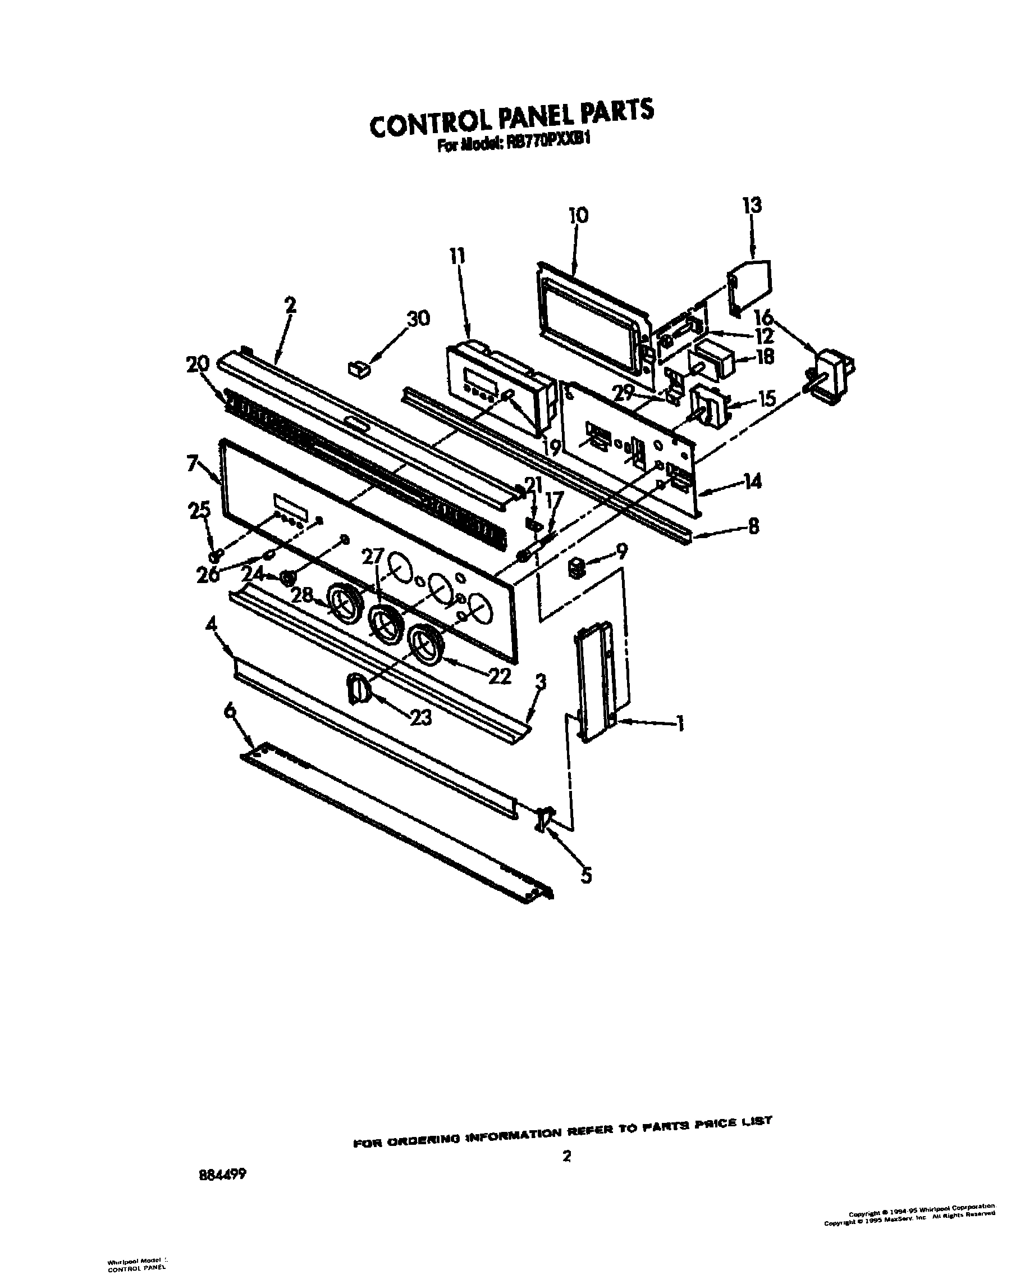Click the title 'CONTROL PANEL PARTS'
click(x=511, y=119)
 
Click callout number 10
click(x=578, y=215)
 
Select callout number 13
click(x=752, y=206)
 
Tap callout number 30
click(x=418, y=319)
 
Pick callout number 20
click(x=198, y=363)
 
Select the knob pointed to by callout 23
click(x=358, y=689)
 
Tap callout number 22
click(x=499, y=676)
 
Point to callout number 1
click(x=679, y=724)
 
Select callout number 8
click(x=753, y=527)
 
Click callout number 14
click(x=753, y=481)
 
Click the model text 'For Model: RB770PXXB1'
click(x=514, y=145)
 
